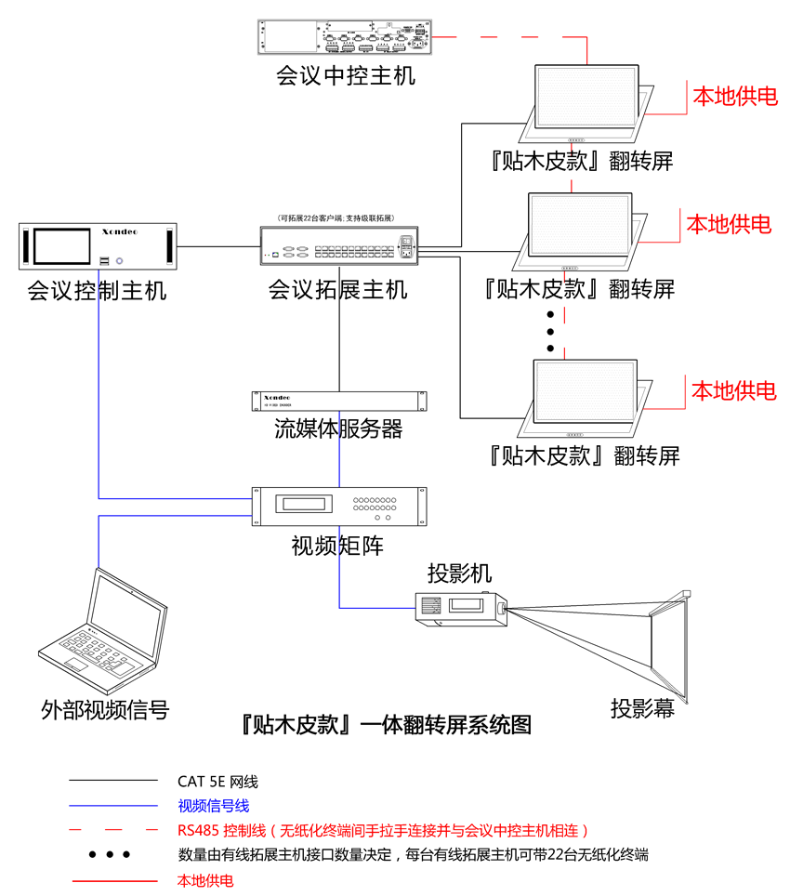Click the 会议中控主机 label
(x=346, y=74)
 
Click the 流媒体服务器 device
(x=340, y=401)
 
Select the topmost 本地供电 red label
(x=734, y=96)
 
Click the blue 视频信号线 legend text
(x=213, y=806)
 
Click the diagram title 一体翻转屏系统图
(x=385, y=725)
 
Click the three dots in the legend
(x=110, y=854)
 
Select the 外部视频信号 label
(x=106, y=710)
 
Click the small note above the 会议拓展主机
(x=340, y=217)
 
